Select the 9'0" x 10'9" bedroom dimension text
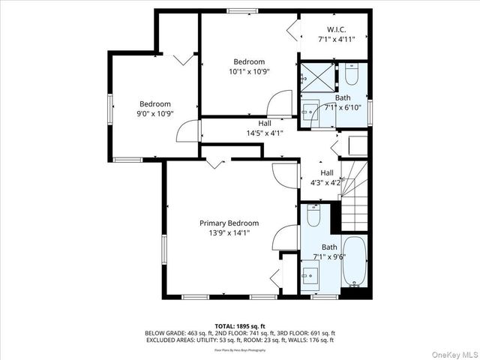tap(154, 114)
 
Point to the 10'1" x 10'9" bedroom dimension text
tap(249, 71)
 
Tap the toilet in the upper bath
tap(352, 75)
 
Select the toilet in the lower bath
tap(313, 215)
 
